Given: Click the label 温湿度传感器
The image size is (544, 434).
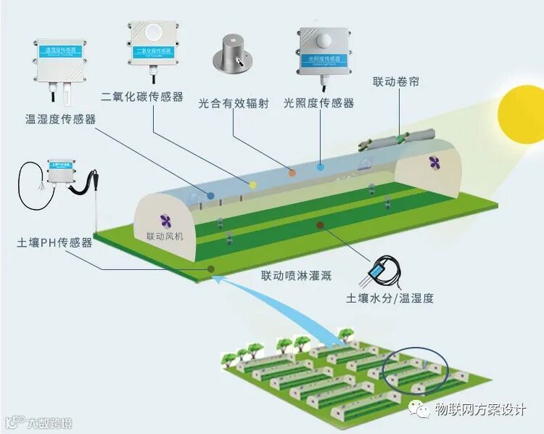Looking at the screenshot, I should tap(61, 119).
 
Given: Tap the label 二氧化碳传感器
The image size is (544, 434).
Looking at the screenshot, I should tap(142, 97).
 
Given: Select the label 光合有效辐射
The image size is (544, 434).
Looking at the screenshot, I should tap(234, 103).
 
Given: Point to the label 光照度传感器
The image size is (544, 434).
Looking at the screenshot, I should tap(319, 103).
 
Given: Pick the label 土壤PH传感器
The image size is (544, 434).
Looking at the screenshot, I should tap(55, 242).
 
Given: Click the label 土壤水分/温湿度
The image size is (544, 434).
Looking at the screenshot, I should tap(390, 298).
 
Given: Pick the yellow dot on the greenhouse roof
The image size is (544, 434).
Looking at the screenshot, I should tap(253, 184).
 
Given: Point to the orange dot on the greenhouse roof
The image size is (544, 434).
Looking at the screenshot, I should tap(292, 172).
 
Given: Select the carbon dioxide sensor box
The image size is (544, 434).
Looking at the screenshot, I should tap(154, 43).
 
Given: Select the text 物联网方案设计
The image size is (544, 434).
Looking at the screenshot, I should tap(479, 409).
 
